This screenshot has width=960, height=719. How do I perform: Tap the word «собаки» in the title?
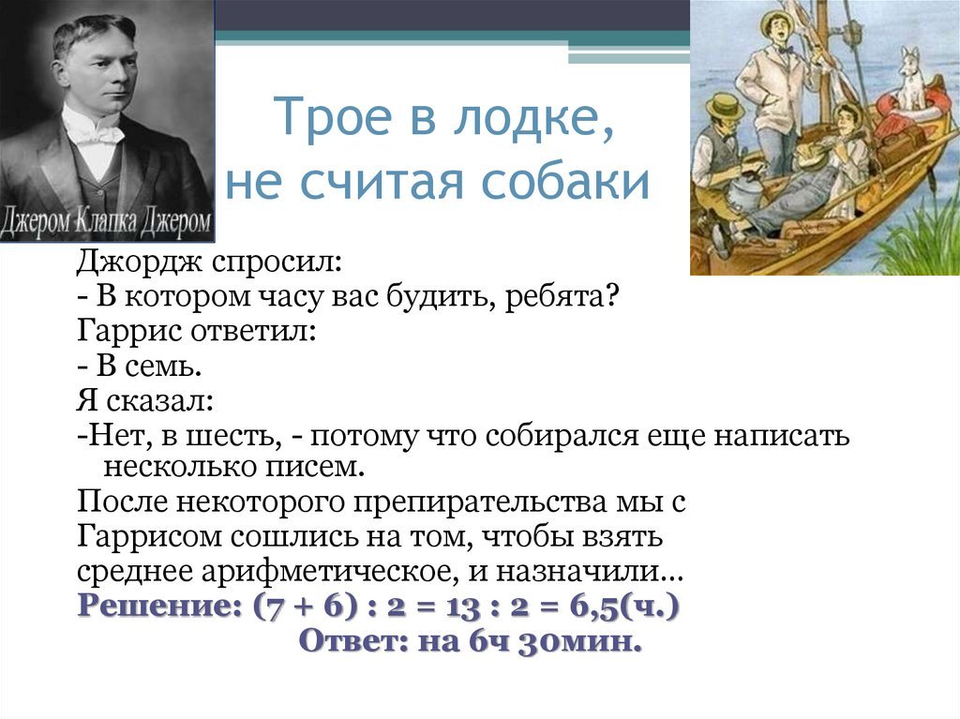pos(563,182)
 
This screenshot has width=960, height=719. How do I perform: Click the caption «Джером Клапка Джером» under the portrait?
pos(106,223)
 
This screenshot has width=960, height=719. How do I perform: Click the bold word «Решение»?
pos(159,607)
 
